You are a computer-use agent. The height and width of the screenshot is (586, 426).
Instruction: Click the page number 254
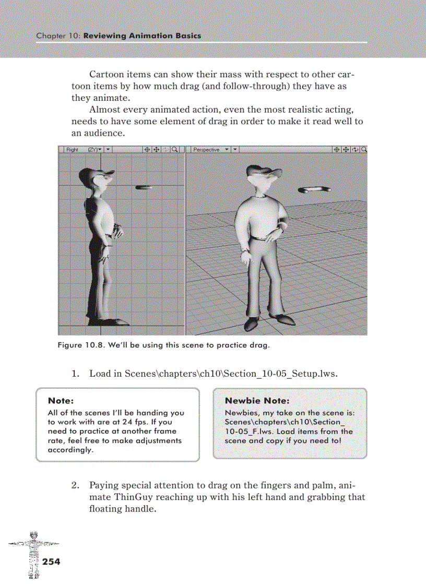tap(51, 561)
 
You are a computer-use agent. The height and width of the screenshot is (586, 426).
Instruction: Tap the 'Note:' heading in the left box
tap(61, 401)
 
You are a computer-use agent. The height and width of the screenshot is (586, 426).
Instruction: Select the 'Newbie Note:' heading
tap(256, 401)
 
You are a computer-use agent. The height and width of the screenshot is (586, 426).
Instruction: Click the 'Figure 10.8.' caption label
tap(81, 345)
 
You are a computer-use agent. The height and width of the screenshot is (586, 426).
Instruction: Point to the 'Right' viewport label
tap(72, 149)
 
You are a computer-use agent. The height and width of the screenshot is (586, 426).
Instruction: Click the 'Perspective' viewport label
tap(206, 149)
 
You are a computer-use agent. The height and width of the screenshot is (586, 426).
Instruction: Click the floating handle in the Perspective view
tap(314, 190)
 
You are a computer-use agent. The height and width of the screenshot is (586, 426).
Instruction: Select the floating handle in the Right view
tap(144, 187)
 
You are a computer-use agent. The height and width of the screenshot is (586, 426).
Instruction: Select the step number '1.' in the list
tap(75, 374)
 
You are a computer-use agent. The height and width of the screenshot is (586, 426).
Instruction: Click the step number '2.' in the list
tap(75, 485)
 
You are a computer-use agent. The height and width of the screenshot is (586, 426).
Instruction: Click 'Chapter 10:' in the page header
tap(58, 36)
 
